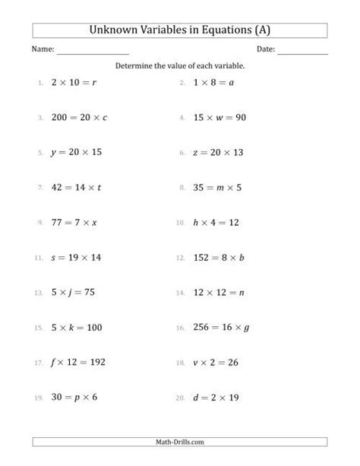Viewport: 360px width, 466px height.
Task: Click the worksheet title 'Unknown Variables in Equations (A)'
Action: tap(180, 31)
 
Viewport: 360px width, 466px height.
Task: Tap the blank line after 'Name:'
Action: tap(93, 52)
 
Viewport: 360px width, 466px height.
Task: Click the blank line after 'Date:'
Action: tap(302, 52)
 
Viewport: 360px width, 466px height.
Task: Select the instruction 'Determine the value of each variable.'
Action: tap(180, 66)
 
